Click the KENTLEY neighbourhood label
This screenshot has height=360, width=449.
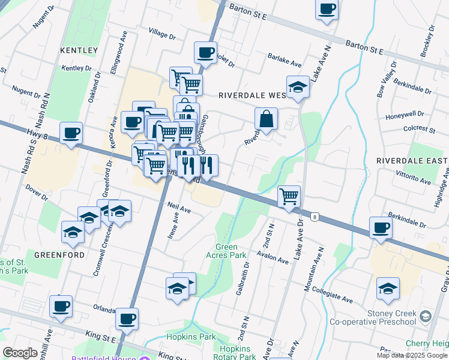point(79,50)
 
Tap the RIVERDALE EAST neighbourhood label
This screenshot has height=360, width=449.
point(412,161)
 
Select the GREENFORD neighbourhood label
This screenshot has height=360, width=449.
point(58,254)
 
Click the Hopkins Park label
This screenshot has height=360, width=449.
point(182,337)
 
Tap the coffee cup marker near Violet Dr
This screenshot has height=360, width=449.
point(206,53)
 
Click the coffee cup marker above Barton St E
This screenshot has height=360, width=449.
point(327,10)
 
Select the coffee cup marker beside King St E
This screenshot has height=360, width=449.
point(127,320)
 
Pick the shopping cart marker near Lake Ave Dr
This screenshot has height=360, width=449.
point(289,196)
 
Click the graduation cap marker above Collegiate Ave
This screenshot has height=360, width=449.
point(388,289)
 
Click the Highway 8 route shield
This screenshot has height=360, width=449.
point(315,216)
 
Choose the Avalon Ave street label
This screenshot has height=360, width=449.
point(274,259)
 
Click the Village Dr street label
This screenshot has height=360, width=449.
point(162,35)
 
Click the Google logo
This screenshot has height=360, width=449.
point(20,353)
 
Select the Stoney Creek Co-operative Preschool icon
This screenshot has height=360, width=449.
point(426,316)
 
